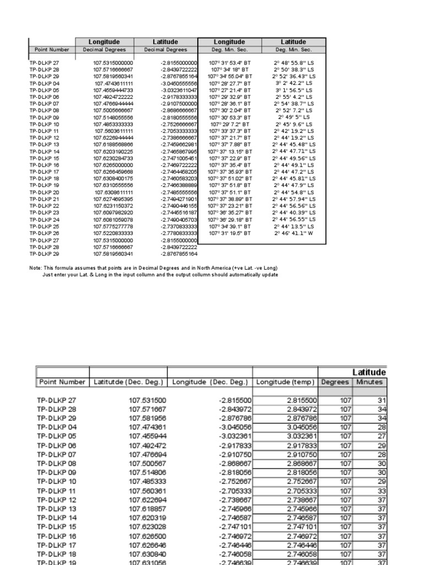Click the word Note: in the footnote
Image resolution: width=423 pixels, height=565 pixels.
pos(35,268)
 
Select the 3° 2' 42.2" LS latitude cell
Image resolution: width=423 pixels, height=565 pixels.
pos(294,83)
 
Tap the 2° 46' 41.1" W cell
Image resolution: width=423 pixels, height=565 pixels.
pos(294,233)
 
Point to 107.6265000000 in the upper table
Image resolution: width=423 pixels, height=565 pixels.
pos(113,164)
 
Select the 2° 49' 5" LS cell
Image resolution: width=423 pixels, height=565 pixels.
pos(294,117)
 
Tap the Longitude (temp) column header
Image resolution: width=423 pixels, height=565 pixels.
pos(285,382)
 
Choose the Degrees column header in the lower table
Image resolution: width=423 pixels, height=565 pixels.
pos(335,382)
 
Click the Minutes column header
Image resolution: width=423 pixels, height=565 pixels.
pos(370,382)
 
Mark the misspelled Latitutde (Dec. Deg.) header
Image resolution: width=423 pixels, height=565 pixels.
pos(128,382)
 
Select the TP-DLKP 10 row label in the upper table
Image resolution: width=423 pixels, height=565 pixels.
pos(44,124)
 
